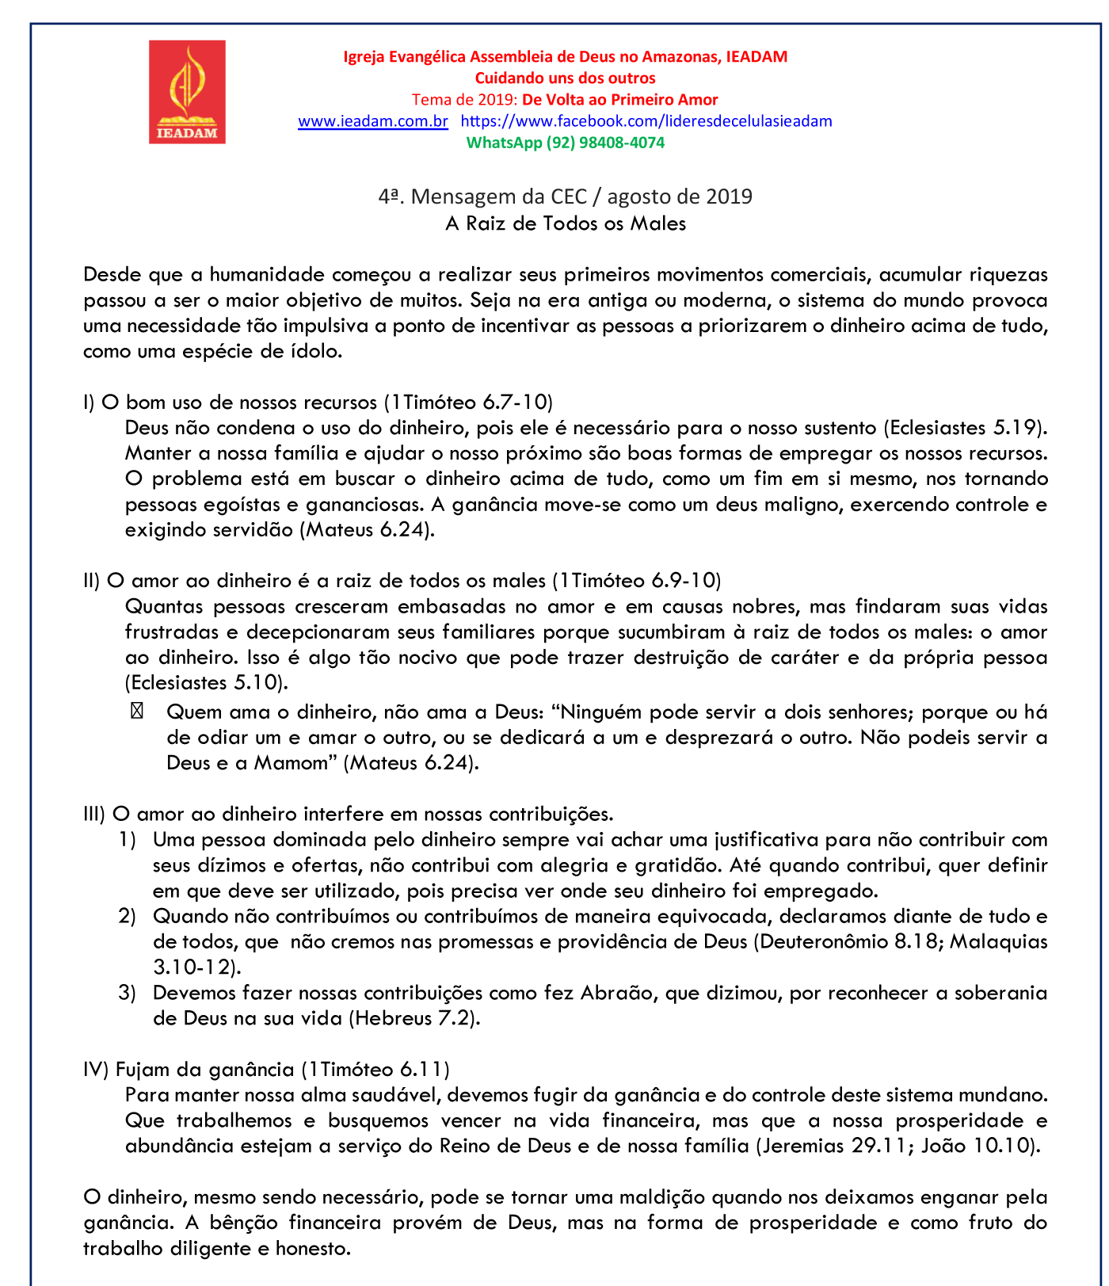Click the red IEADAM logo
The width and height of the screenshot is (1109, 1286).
(x=187, y=92)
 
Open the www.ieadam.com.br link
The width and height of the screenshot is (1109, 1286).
(x=372, y=121)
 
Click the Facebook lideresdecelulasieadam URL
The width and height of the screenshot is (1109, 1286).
(x=646, y=121)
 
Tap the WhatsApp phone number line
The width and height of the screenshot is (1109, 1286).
(x=565, y=143)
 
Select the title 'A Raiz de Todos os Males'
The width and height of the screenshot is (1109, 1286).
(x=565, y=223)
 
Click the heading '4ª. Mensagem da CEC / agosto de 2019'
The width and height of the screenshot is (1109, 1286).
(x=565, y=197)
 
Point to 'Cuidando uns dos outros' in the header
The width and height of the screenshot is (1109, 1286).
(x=565, y=78)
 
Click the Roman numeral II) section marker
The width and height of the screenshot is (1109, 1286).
(x=92, y=581)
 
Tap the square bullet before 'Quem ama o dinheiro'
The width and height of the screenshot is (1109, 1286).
(x=136, y=712)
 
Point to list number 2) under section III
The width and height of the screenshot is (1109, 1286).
(x=128, y=916)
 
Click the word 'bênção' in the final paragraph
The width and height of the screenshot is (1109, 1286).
(x=243, y=1223)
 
